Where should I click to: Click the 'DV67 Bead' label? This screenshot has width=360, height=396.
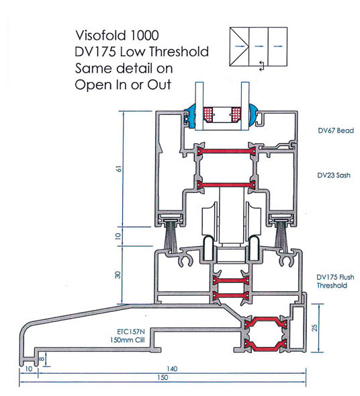[x=336, y=130]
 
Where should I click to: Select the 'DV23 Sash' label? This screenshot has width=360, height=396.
[x=334, y=175]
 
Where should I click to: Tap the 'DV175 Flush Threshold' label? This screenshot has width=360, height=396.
[x=335, y=281]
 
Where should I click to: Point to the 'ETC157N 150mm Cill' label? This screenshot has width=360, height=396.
[x=128, y=335]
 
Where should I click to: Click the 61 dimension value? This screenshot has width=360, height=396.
[x=118, y=169]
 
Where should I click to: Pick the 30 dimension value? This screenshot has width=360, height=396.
[x=118, y=275]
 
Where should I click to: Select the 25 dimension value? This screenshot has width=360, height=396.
[x=314, y=327]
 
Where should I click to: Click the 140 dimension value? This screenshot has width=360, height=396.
[x=172, y=368]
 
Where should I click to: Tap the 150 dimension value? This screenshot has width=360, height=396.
[x=163, y=377]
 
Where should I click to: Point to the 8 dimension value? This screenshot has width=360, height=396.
[x=42, y=359]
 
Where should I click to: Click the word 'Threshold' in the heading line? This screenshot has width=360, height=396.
[x=179, y=52]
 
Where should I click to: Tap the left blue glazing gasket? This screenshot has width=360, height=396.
[x=191, y=117]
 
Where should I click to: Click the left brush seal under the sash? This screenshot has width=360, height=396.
[x=171, y=235]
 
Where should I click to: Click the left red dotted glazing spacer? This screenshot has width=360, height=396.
[x=208, y=115]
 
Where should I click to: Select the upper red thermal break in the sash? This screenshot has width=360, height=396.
[x=226, y=151]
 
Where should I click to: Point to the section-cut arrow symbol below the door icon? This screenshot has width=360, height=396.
[x=262, y=66]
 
